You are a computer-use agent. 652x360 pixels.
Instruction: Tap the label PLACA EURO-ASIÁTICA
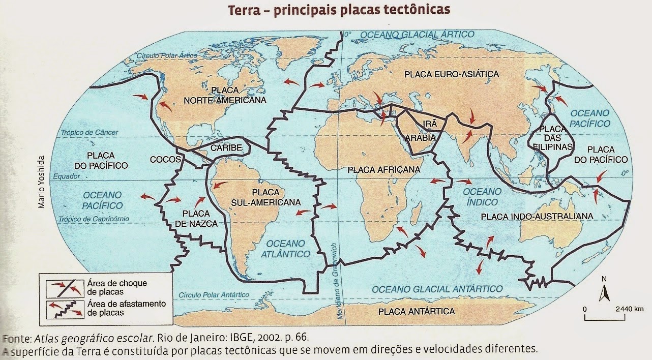click(452, 74)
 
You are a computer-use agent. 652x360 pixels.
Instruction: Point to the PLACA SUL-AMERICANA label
click(265, 197)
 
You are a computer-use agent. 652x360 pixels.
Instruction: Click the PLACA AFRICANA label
click(384, 170)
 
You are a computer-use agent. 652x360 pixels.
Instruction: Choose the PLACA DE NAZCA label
click(200, 218)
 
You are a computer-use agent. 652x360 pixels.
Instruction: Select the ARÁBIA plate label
click(420, 138)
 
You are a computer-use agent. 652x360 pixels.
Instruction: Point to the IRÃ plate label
click(425, 124)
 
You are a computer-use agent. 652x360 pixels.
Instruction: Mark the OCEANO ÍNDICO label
click(480, 197)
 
